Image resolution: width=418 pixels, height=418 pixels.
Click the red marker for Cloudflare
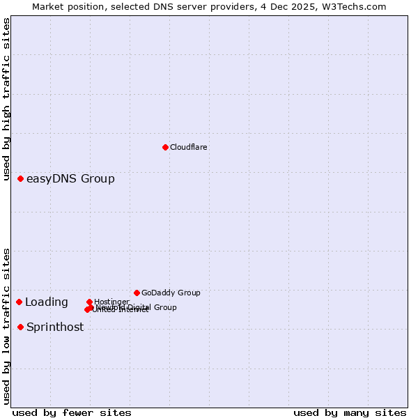pyautogui.click(x=165, y=147)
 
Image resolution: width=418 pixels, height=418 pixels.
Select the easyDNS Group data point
pyautogui.click(x=21, y=179)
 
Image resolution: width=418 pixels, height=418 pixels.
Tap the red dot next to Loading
pyautogui.click(x=20, y=302)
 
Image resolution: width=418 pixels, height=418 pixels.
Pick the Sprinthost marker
pyautogui.click(x=21, y=327)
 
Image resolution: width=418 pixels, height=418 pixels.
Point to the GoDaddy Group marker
pyautogui.click(x=137, y=293)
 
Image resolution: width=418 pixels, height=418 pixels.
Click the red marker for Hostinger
pyautogui.click(x=90, y=302)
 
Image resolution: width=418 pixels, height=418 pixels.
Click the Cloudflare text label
pyautogui.click(x=189, y=147)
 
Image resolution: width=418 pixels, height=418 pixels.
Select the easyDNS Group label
pyautogui.click(x=70, y=179)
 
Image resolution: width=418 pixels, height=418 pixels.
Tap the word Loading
pyautogui.click(x=47, y=302)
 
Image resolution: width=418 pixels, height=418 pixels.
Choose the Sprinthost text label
pyautogui.click(x=55, y=327)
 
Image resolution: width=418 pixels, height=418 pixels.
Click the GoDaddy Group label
pyautogui.click(x=171, y=293)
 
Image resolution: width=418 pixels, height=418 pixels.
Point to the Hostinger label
pyautogui.click(x=112, y=302)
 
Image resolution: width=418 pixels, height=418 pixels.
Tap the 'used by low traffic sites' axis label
pyautogui.click(x=7, y=325)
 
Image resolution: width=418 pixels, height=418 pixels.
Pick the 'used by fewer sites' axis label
pyautogui.click(x=72, y=412)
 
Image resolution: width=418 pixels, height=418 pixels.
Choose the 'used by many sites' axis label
pyautogui.click(x=350, y=412)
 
